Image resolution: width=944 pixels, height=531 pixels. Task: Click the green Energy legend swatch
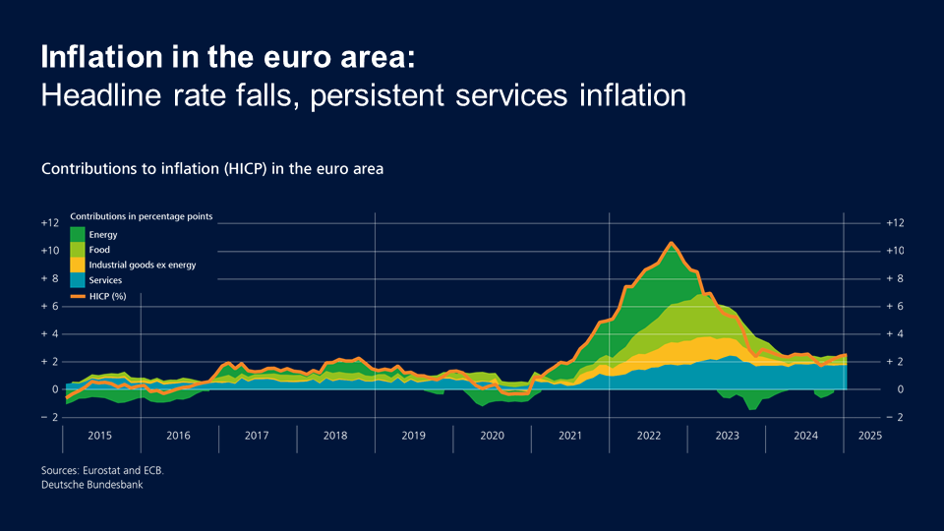(77, 234)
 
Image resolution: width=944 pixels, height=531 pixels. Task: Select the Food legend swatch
(77, 250)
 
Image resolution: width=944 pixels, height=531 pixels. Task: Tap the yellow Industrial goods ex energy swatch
(77, 265)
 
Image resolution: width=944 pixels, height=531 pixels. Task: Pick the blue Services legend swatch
(77, 280)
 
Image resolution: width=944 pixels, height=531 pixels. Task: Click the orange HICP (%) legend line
(77, 295)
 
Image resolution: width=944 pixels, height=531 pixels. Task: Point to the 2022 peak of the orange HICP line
(671, 243)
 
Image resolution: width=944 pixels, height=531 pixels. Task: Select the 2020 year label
(492, 435)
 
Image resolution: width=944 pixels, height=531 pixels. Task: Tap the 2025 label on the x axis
(868, 435)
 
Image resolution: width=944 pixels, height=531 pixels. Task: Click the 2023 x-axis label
(727, 435)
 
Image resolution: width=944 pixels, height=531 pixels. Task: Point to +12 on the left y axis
(50, 223)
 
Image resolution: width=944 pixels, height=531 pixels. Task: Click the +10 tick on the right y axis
(894, 251)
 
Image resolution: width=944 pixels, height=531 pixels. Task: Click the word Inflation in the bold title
(96, 57)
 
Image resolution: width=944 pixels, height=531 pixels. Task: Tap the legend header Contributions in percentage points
(141, 215)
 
